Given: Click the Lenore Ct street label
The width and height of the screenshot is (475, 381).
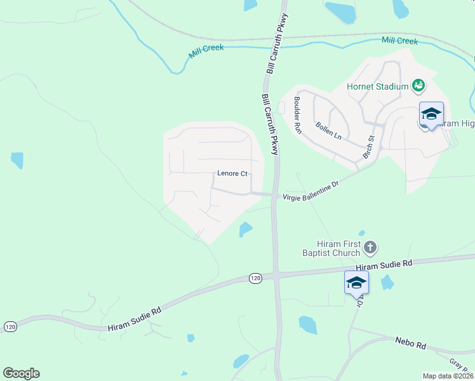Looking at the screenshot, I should tap(232, 173).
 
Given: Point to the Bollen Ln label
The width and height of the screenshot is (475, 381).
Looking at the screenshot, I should tap(328, 128).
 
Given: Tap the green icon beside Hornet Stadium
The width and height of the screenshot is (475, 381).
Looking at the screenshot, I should tap(418, 84).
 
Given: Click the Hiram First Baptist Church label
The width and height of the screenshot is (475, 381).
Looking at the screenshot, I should tap(339, 248).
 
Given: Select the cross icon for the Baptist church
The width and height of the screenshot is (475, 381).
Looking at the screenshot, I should tap(371, 246).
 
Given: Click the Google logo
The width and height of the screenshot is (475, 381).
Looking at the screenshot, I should tap(21, 373).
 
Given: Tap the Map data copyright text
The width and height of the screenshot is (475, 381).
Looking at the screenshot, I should tap(448, 376).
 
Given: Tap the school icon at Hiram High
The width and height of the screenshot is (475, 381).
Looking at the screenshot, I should tap(431, 114).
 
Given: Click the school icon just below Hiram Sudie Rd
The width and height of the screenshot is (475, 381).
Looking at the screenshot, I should tap(356, 283).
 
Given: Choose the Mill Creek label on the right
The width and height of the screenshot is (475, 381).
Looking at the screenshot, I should tap(399, 41).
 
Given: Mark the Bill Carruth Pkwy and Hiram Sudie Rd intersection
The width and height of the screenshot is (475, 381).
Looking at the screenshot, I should tap(277, 275).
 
